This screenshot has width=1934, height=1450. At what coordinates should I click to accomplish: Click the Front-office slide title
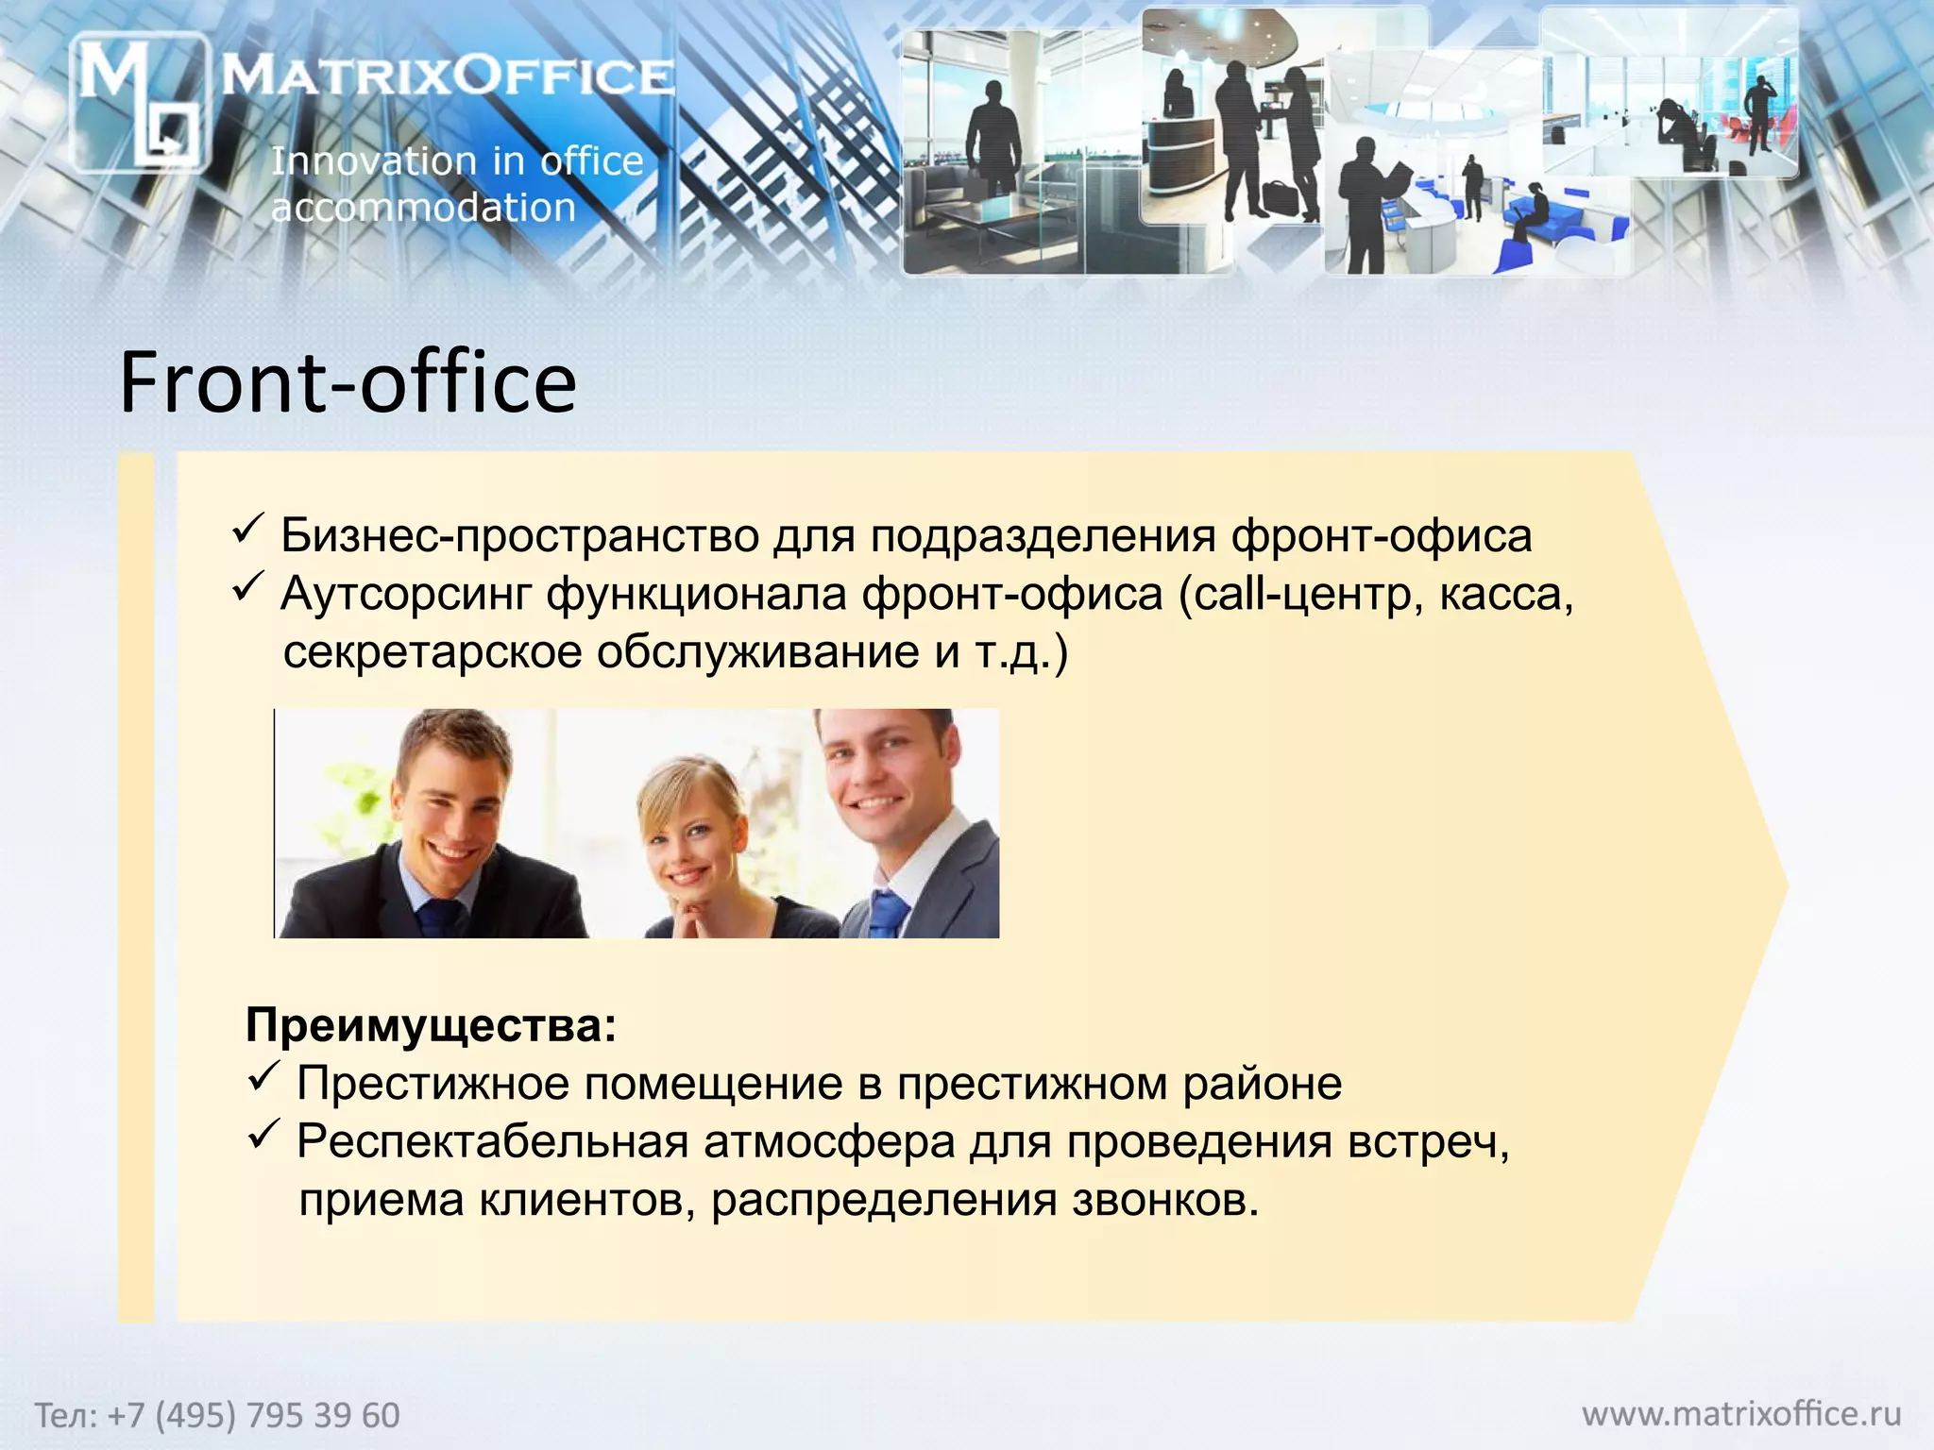tap(348, 382)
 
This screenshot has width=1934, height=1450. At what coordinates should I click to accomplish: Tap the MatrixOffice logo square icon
tap(140, 102)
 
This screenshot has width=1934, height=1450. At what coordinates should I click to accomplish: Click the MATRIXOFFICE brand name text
tap(448, 76)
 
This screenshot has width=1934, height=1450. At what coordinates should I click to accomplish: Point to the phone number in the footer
tap(217, 1415)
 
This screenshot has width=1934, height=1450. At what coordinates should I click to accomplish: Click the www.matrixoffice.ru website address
tap(1741, 1413)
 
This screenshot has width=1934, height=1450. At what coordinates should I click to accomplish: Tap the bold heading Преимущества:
tap(431, 1024)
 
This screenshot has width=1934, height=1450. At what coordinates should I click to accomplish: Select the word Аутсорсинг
tap(405, 594)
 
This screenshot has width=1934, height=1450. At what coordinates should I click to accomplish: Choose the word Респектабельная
tap(492, 1141)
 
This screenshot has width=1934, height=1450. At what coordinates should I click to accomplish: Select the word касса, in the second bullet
tap(1506, 594)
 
